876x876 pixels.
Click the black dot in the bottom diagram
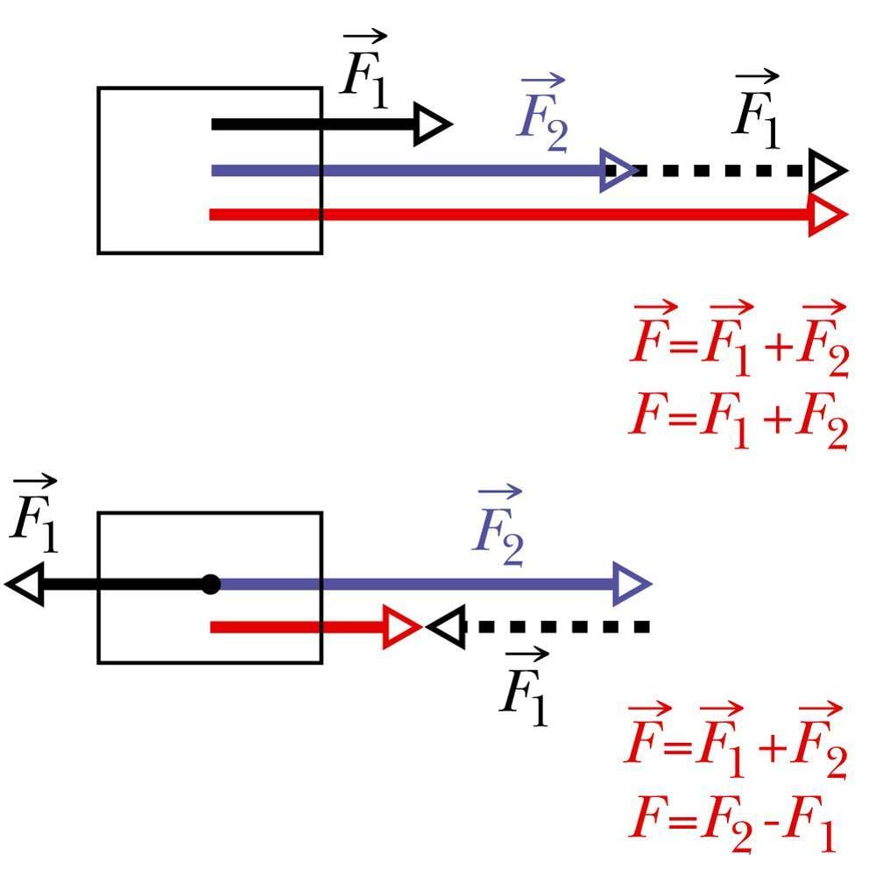click(x=210, y=583)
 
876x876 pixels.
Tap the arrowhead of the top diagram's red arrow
click(x=828, y=215)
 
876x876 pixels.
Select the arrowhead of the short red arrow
click(x=403, y=627)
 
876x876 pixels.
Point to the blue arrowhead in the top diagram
click(x=618, y=169)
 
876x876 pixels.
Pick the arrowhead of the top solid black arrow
click(x=433, y=124)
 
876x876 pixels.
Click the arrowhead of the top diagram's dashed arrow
click(x=827, y=169)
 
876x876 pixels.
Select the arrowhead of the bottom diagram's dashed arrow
click(x=445, y=627)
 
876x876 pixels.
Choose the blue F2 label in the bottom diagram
click(x=498, y=530)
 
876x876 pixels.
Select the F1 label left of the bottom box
click(x=33, y=520)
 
